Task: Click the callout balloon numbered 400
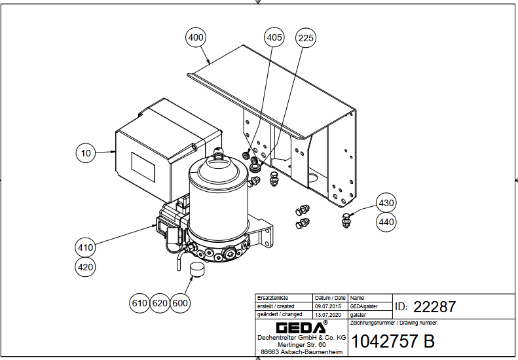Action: (x=196, y=38)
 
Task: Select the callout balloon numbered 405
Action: (x=274, y=38)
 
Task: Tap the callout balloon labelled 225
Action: (x=305, y=38)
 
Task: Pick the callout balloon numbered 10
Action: (x=86, y=154)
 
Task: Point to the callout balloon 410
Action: (x=86, y=247)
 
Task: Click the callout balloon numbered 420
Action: (x=86, y=267)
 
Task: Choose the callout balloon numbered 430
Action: (x=386, y=204)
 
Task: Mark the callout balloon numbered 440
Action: (x=386, y=223)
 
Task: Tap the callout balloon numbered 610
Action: (x=139, y=303)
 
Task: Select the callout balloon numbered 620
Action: (x=160, y=303)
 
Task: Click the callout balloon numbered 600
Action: (x=180, y=303)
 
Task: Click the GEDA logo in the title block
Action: (x=301, y=327)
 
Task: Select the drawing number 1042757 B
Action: (x=393, y=342)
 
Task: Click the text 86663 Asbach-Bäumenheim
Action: (x=301, y=352)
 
